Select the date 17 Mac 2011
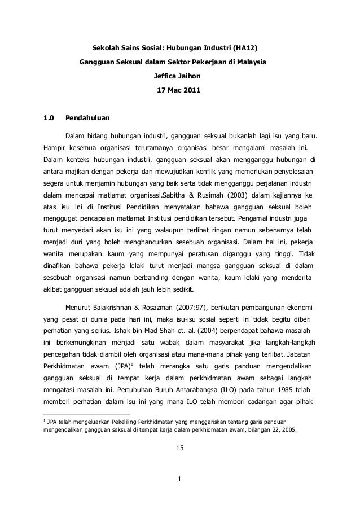point(178,90)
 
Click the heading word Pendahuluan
point(87,119)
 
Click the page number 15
point(179,449)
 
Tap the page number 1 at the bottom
point(179,481)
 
